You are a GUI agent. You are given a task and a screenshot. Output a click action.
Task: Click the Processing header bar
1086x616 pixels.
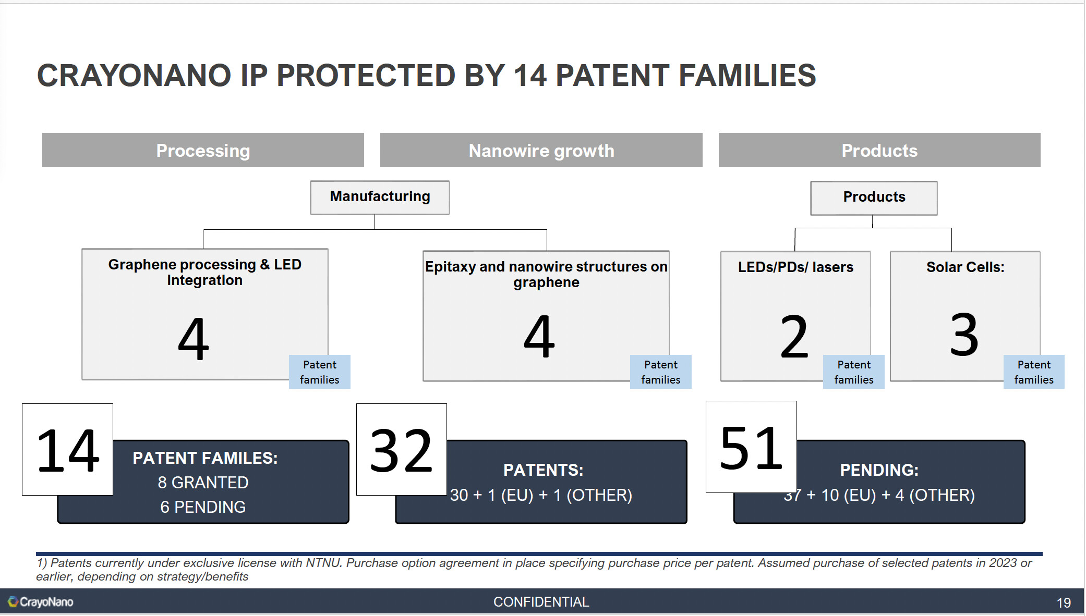203,150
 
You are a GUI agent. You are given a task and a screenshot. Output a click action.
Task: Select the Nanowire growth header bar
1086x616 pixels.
541,150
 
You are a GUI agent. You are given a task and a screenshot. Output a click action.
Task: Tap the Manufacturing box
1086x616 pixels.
380,198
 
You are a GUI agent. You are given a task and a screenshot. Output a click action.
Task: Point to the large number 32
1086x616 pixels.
401,451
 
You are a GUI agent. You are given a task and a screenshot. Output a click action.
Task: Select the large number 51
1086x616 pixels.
751,448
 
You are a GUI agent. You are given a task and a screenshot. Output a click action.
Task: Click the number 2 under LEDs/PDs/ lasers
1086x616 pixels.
794,337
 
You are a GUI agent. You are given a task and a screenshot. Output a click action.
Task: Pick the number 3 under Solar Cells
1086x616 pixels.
964,335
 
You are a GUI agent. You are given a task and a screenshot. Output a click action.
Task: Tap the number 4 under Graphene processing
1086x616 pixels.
194,339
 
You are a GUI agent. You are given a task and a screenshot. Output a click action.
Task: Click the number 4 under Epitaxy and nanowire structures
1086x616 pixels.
539,337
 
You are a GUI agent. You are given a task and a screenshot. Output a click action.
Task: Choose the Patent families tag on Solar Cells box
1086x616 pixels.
1034,372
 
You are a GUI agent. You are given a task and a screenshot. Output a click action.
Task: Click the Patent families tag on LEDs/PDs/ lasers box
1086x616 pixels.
854,372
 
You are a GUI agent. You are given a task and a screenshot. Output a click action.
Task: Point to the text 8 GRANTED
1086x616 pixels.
203,483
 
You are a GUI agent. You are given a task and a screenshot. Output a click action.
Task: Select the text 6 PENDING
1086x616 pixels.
203,507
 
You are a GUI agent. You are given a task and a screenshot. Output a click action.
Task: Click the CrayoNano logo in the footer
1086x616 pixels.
41,602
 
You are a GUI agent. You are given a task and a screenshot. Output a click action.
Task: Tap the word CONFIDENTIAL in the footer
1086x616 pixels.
541,602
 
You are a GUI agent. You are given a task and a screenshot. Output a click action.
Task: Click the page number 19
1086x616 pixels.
1064,603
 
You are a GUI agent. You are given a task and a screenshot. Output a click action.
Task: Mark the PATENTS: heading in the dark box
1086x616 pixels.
543,470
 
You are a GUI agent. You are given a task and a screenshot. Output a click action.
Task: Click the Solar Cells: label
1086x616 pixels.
965,267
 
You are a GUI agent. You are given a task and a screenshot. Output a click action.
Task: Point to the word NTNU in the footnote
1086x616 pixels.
323,563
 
